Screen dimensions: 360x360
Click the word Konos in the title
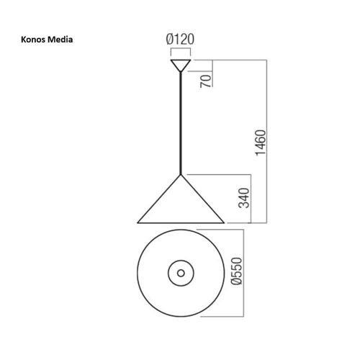(34, 39)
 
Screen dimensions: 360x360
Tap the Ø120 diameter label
(180, 41)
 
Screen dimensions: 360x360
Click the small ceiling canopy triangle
(180, 66)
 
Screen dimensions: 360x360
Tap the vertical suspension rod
(180, 122)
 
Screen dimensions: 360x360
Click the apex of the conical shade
(180, 175)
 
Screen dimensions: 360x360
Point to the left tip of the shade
(137, 222)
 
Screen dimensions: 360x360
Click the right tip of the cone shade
(223, 222)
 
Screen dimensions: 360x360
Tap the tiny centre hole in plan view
(180, 273)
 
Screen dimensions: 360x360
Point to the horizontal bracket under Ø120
(180, 52)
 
